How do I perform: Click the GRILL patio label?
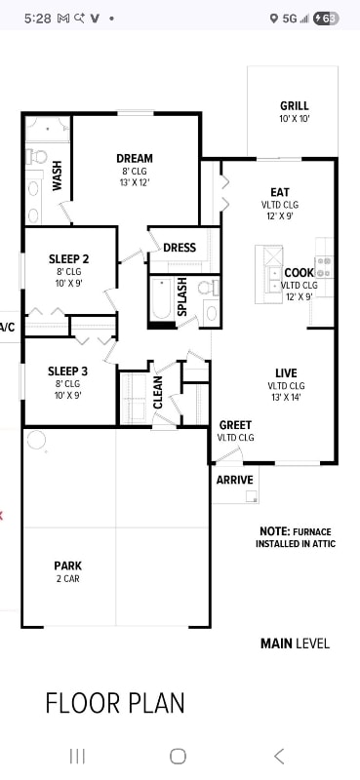pyautogui.click(x=294, y=106)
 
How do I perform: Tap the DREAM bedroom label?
pyautogui.click(x=134, y=159)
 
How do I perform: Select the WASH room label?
pyautogui.click(x=58, y=175)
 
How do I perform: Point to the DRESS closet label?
pyautogui.click(x=179, y=248)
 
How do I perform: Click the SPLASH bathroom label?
pyautogui.click(x=181, y=297)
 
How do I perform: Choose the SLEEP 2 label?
pyautogui.click(x=68, y=259)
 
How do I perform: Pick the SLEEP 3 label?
pyautogui.click(x=68, y=371)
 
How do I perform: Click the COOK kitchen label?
pyautogui.click(x=299, y=273)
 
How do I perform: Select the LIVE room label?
pyautogui.click(x=286, y=373)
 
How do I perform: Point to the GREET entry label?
pyautogui.click(x=235, y=425)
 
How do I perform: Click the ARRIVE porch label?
pyautogui.click(x=235, y=480)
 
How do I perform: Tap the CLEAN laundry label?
pyautogui.click(x=158, y=392)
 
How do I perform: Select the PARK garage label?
pyautogui.click(x=67, y=565)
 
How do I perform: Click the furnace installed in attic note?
pyautogui.click(x=295, y=537)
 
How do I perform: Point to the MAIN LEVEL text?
pyautogui.click(x=295, y=643)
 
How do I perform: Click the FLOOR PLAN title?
pyautogui.click(x=115, y=702)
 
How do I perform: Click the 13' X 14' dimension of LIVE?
pyautogui.click(x=286, y=398)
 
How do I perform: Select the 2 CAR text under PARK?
pyautogui.click(x=67, y=579)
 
